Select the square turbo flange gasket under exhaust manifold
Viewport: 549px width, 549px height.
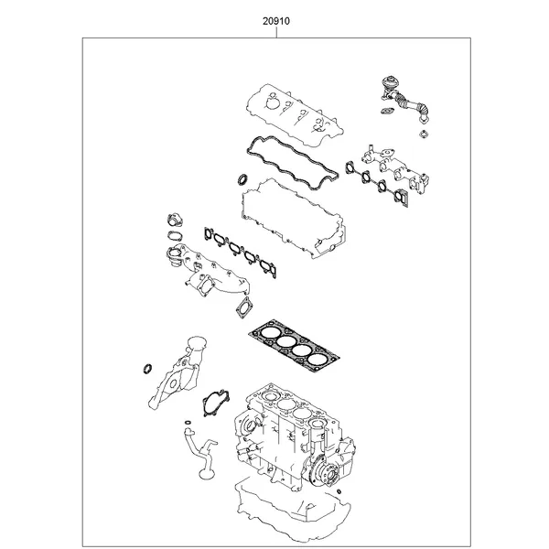click(244, 308)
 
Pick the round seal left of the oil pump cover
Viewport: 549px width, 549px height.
click(145, 369)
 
